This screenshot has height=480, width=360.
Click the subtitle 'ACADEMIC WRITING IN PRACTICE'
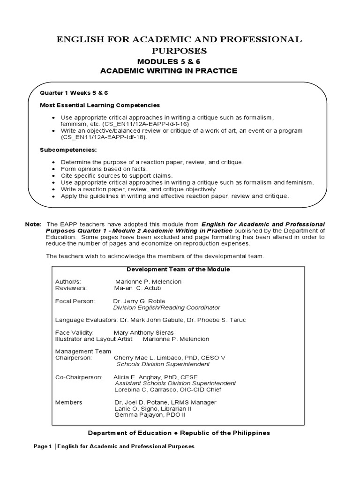(169, 71)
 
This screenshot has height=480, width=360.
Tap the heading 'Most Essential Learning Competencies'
(100, 105)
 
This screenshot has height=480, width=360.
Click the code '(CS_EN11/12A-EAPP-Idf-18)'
(104, 137)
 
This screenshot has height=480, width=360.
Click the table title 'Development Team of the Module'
(178, 270)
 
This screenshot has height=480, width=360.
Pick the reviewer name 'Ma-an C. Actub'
(137, 288)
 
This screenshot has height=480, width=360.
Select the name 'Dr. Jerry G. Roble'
(139, 300)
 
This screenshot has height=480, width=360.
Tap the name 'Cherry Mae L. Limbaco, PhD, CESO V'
(170, 357)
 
